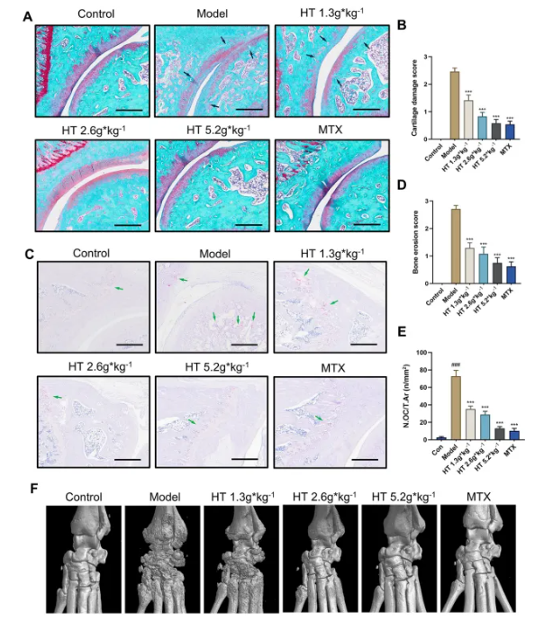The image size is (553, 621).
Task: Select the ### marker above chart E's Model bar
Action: click(x=455, y=365)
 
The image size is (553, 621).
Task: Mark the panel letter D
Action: click(x=402, y=185)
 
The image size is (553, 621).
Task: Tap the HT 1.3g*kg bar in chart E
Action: click(x=469, y=423)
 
